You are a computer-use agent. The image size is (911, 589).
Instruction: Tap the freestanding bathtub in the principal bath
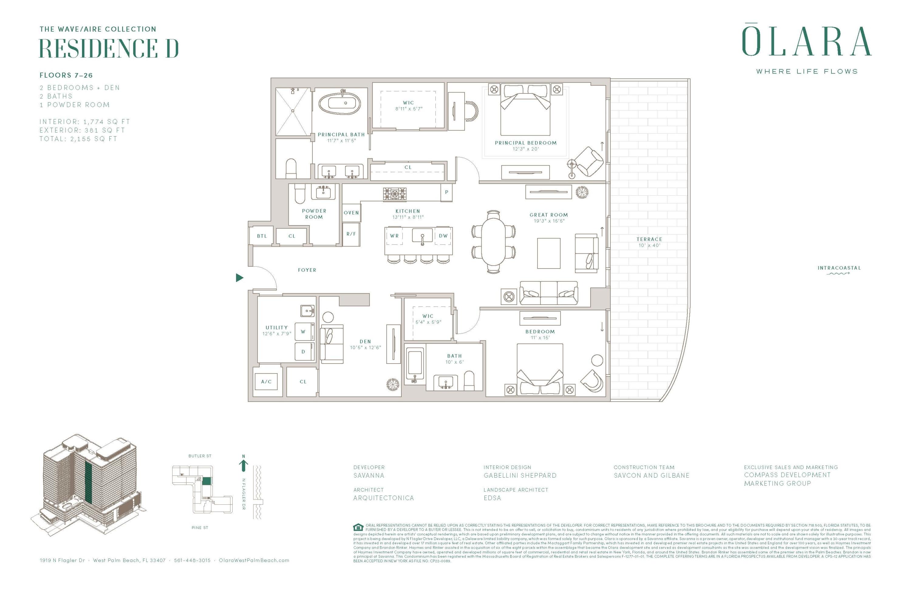pyautogui.click(x=339, y=103)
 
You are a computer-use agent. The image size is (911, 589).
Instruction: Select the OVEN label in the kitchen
pyautogui.click(x=351, y=213)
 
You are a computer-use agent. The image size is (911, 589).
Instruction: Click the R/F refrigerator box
pyautogui.click(x=351, y=234)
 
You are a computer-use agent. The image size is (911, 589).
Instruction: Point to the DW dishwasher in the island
pyautogui.click(x=443, y=236)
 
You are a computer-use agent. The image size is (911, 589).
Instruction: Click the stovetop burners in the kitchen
pyautogui.click(x=395, y=194)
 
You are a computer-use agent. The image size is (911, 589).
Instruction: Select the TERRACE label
pyautogui.click(x=649, y=239)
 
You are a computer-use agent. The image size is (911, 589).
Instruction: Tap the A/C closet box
pyautogui.click(x=266, y=382)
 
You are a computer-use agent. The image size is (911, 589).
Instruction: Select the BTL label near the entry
pyautogui.click(x=262, y=236)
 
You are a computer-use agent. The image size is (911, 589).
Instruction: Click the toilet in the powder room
pyautogui.click(x=300, y=194)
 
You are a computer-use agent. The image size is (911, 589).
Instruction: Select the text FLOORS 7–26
pyautogui.click(x=66, y=75)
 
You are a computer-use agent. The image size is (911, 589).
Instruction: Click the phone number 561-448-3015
pyautogui.click(x=192, y=560)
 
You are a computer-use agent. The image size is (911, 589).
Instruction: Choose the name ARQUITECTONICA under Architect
pyautogui.click(x=384, y=498)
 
